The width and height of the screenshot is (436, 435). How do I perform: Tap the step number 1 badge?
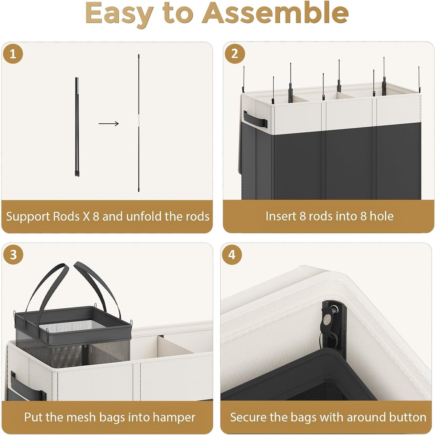(x=13, y=54)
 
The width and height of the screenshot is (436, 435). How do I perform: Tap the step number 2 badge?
(x=235, y=54)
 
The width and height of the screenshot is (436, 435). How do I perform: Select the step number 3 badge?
(x=13, y=255)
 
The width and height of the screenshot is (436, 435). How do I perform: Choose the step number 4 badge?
(x=232, y=255)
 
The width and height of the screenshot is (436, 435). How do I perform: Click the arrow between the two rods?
(x=109, y=124)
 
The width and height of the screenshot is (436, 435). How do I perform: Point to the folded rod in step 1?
(x=77, y=127)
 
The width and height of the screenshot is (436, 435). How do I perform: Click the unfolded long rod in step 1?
(x=138, y=123)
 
